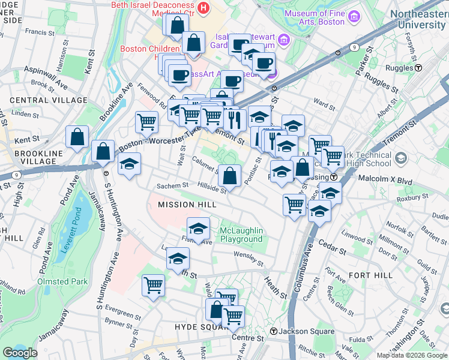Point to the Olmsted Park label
tap(62, 281)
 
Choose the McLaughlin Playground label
tap(241, 235)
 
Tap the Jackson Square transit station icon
tap(274, 331)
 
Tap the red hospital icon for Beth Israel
tap(203, 8)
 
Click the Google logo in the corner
tap(20, 353)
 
